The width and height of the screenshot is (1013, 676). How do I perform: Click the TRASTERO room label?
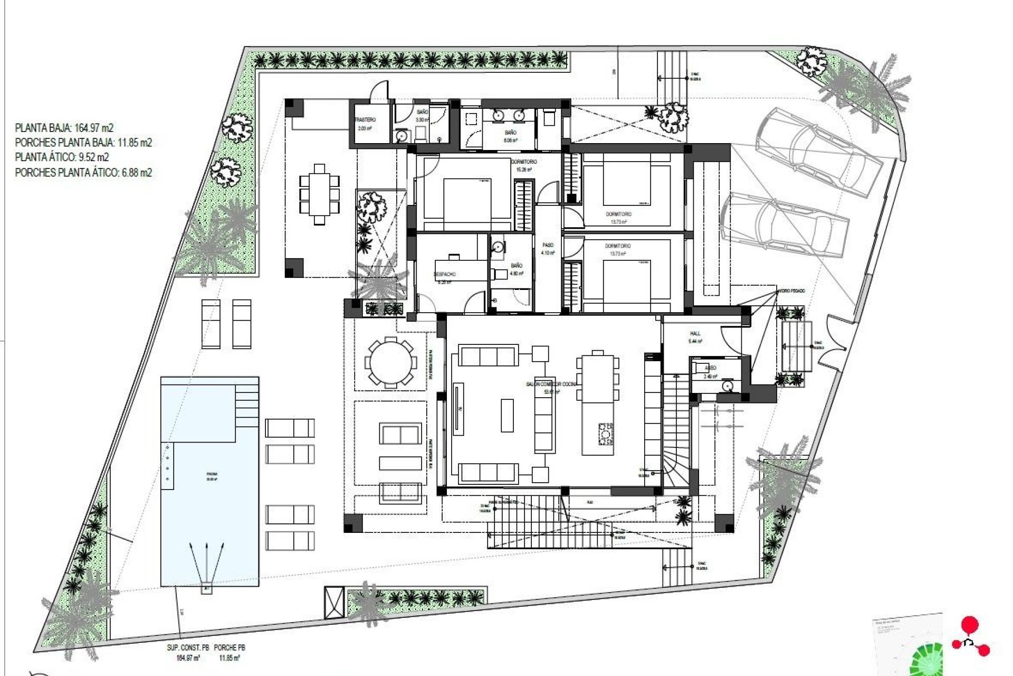365,120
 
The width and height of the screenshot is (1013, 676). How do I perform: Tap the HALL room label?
695,334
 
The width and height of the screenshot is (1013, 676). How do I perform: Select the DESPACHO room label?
444,275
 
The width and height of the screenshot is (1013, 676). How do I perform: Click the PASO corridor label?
548,246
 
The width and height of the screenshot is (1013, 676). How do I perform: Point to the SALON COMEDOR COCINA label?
551,384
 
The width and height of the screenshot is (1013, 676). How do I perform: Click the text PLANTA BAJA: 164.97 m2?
64,128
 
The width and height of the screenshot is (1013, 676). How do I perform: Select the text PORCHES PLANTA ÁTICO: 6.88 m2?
83,173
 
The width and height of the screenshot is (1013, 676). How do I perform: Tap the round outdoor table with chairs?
390,363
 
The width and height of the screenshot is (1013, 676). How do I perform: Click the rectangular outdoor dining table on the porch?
319,194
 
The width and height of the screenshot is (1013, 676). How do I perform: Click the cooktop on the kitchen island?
605,434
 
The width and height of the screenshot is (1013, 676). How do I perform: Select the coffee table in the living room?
506,415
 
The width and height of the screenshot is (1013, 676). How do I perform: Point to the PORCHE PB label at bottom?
230,647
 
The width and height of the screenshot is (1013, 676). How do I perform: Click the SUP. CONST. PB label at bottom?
188,647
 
